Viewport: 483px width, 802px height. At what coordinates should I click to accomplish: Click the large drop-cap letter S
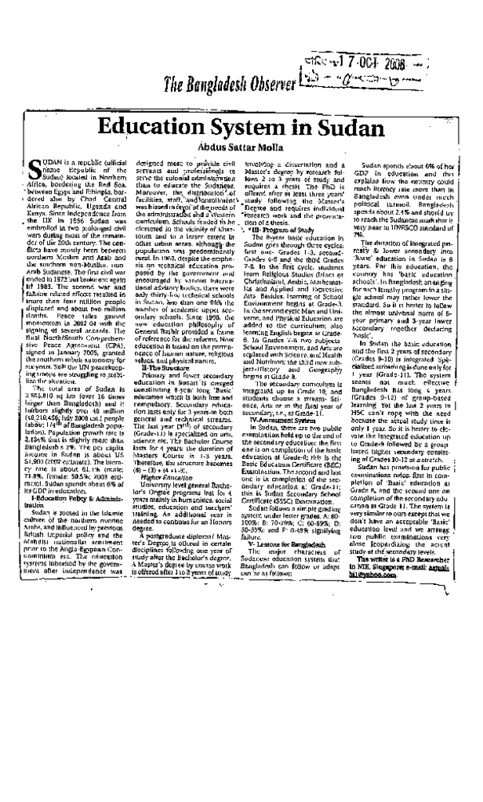pyautogui.click(x=33, y=170)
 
